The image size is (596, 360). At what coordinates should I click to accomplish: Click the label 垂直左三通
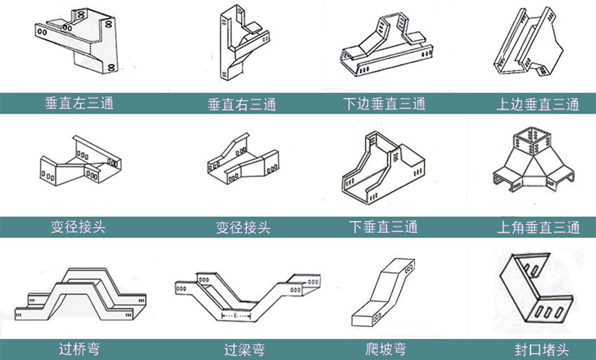tap(79, 103)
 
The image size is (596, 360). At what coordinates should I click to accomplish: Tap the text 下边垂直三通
tap(384, 105)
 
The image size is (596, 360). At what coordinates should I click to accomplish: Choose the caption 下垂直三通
tap(384, 227)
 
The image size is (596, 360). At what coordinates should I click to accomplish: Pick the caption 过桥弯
tap(79, 347)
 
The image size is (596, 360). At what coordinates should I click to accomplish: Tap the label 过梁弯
tap(243, 349)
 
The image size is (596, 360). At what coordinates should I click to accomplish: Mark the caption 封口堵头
tap(537, 349)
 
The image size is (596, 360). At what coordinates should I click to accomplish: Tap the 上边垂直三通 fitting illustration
tap(533, 46)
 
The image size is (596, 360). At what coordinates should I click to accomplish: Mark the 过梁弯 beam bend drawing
tap(245, 295)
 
